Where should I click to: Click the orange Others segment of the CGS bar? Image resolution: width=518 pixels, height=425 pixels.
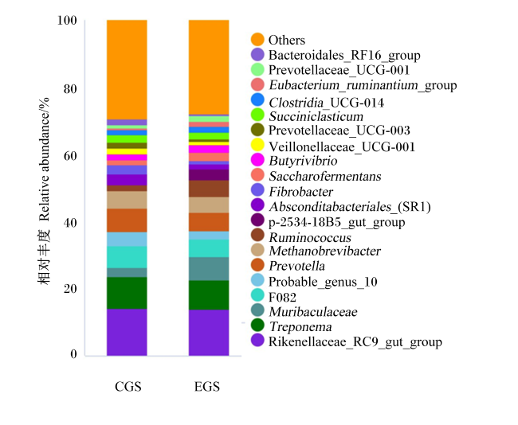127,69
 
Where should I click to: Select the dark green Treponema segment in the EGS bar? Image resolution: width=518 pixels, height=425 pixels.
209,295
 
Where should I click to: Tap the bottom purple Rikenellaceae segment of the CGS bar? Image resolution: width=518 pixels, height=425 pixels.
127,332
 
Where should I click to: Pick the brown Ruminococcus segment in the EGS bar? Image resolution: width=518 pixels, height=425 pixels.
209,189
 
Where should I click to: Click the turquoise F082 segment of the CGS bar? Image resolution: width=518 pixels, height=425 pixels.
127,257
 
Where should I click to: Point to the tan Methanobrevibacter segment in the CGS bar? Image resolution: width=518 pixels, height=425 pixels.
127,200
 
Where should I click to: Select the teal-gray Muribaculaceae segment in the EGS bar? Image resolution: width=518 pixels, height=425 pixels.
209,269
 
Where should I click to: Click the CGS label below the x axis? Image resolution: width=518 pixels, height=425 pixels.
128,386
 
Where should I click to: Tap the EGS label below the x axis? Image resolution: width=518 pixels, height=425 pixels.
207,386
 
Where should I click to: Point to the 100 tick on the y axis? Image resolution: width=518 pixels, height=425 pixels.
67,21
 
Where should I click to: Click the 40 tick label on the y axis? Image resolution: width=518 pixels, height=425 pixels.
70,223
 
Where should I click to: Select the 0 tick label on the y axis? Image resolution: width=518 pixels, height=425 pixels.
73,354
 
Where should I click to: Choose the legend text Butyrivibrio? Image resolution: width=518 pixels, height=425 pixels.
303,161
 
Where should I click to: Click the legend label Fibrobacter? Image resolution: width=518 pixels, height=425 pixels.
301,192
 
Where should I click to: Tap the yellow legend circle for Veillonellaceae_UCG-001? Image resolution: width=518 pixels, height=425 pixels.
257,145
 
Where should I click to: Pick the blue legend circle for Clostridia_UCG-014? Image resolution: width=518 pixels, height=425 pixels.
257,100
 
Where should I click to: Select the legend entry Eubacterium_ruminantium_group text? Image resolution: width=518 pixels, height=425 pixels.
363,85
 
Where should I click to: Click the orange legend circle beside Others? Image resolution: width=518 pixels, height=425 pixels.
257,39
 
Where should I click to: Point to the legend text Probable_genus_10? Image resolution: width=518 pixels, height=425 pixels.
323,282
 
